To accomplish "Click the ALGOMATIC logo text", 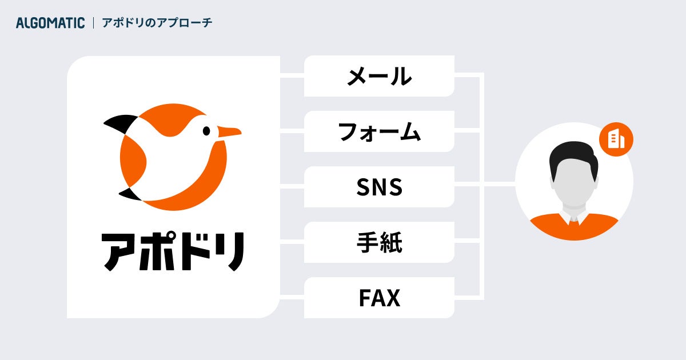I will (50, 23).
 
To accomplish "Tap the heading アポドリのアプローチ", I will (157, 23).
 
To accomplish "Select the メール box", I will (379, 76).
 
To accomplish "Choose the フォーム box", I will (379, 131).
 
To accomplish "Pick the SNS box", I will (379, 187).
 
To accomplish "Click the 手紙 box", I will (379, 242).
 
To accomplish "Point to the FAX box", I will (379, 298).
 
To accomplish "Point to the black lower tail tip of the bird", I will (130, 194).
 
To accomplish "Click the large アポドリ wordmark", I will (174, 251).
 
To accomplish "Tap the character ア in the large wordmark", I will (122, 251).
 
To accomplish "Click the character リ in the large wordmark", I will (231, 251).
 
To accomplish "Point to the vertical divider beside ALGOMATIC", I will (93, 23).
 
